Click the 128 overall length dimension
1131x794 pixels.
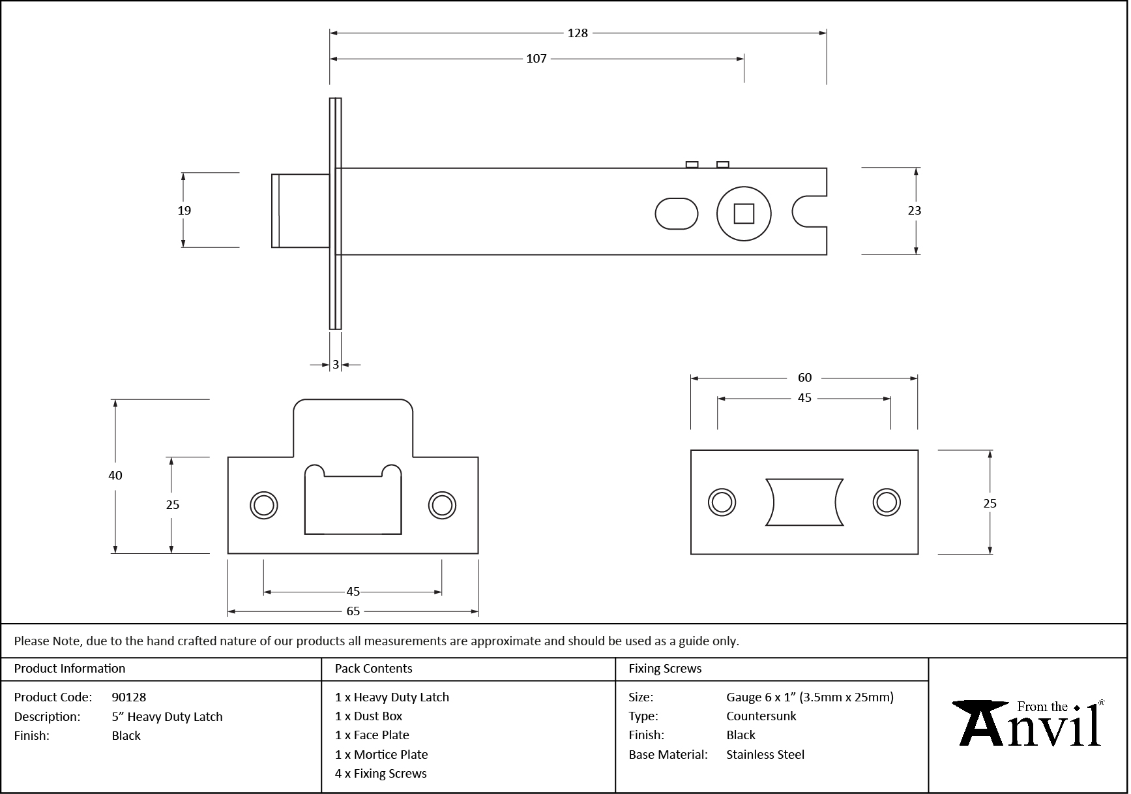[x=578, y=33]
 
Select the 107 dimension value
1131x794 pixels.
[x=536, y=59]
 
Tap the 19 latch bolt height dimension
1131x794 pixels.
[x=184, y=210]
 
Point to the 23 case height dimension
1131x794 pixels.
[x=914, y=210]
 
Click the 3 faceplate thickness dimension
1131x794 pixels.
[x=336, y=365]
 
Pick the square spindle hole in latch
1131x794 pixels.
[x=744, y=214]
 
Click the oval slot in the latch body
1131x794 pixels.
[x=676, y=214]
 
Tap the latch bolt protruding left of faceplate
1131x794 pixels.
[x=300, y=211]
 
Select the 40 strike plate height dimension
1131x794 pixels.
[x=115, y=476]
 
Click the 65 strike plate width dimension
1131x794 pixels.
[x=353, y=611]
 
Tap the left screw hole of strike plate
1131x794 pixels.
[x=264, y=506]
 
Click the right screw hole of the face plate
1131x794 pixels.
[x=886, y=502]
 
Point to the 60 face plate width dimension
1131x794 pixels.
[x=804, y=378]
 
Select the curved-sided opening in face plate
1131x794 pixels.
[x=804, y=502]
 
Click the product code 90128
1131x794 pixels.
[x=129, y=697]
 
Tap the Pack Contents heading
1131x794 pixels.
[x=374, y=669]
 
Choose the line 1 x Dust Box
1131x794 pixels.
[x=369, y=716]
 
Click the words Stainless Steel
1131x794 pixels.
[x=765, y=755]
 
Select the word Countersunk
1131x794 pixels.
[x=761, y=716]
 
